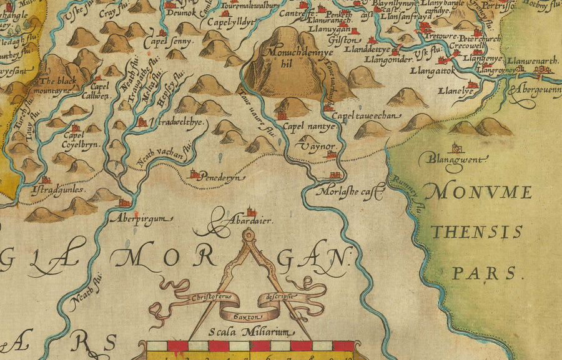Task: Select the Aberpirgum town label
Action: (x=131, y=218)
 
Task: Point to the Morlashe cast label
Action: (x=349, y=192)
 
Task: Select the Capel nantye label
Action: (x=310, y=127)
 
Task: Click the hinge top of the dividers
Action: (x=249, y=235)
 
